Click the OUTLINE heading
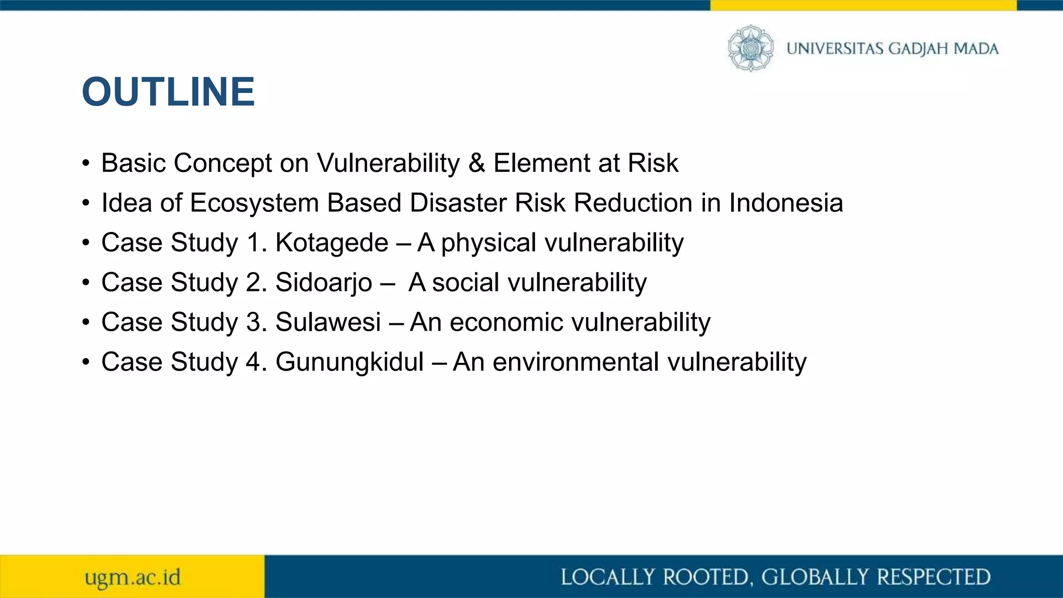coord(168,92)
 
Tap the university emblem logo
coord(751,48)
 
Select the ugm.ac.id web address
coord(133,577)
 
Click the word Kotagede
coord(332,242)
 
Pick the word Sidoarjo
coord(323,283)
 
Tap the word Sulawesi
coord(328,322)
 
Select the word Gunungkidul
coord(349,362)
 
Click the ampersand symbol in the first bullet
coord(476,163)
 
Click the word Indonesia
coord(786,202)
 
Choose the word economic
coord(506,322)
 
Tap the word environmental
coord(576,362)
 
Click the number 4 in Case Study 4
coord(253,362)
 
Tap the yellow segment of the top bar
coord(863,5)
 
